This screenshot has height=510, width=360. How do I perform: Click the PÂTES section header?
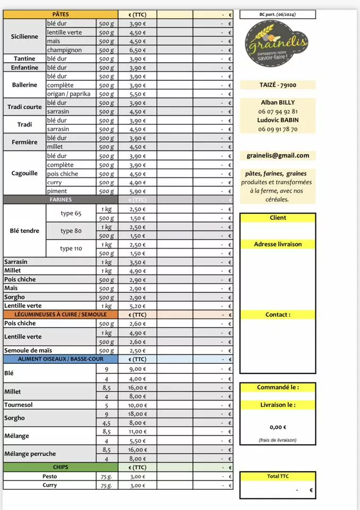pos(61,14)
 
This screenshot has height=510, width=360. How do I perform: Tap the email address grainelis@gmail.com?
pos(278,156)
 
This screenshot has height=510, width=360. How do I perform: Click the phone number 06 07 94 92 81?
pos(278,112)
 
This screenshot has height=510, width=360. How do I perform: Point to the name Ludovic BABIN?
pos(278,120)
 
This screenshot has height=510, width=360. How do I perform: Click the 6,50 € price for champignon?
pos(137,50)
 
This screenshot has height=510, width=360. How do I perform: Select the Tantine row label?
pos(24,59)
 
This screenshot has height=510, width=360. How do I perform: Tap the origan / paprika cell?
pos(68,94)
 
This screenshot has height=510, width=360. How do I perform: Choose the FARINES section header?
pos(61,200)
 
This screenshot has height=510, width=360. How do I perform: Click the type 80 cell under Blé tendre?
pos(71,231)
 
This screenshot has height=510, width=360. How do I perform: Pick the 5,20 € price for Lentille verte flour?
pos(137,306)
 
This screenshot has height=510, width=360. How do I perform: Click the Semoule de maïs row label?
pos(28,351)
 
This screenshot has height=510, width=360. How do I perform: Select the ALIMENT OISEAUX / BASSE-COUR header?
pos(61,359)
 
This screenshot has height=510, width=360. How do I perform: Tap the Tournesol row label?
pos(19,405)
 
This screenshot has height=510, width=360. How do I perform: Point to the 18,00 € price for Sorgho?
pos(137,414)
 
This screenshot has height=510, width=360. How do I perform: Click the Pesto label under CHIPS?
pos(50,477)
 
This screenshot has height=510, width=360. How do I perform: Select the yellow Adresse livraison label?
pos(278,244)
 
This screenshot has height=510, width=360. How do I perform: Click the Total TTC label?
pos(278,477)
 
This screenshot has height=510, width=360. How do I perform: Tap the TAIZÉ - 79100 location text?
pos(278,85)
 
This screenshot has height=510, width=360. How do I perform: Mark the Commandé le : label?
pos(278,387)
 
